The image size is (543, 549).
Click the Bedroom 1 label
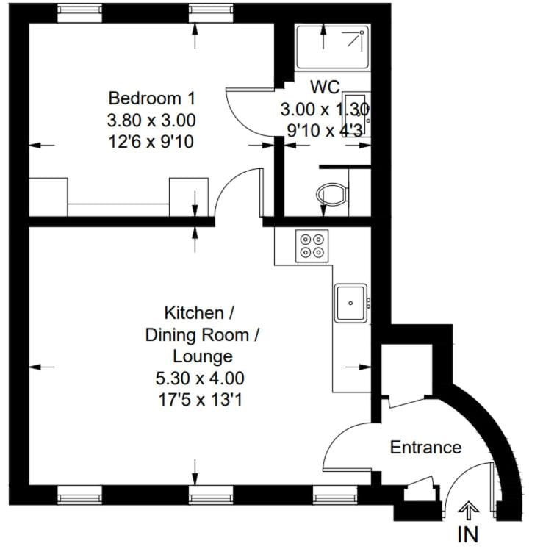152,98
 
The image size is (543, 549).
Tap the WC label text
324,87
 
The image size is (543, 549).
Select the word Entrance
425,447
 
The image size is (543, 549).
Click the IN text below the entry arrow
468,534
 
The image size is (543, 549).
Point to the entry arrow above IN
468,509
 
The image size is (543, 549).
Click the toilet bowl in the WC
330,195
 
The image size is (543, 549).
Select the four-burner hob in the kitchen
311,245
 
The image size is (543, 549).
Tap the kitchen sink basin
350,303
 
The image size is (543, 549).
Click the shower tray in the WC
330,48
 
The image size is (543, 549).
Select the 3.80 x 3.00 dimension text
152,120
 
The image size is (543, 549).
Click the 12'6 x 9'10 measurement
152,141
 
